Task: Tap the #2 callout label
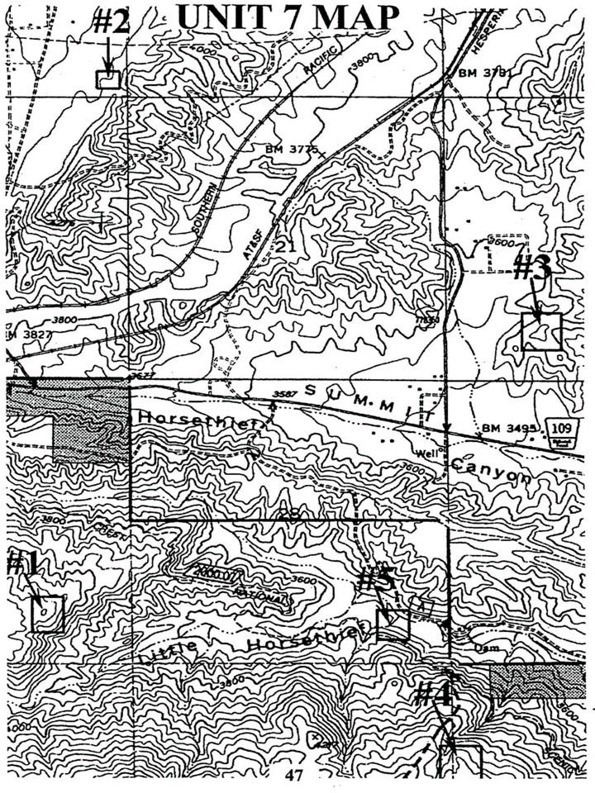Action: tap(112, 22)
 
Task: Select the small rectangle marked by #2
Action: tap(108, 79)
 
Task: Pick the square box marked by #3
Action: tap(541, 332)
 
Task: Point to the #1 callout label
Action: tap(21, 564)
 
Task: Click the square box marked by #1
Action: tap(47, 615)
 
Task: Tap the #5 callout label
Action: tap(376, 578)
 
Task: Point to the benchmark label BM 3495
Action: tap(510, 428)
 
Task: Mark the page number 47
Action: tap(294, 775)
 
